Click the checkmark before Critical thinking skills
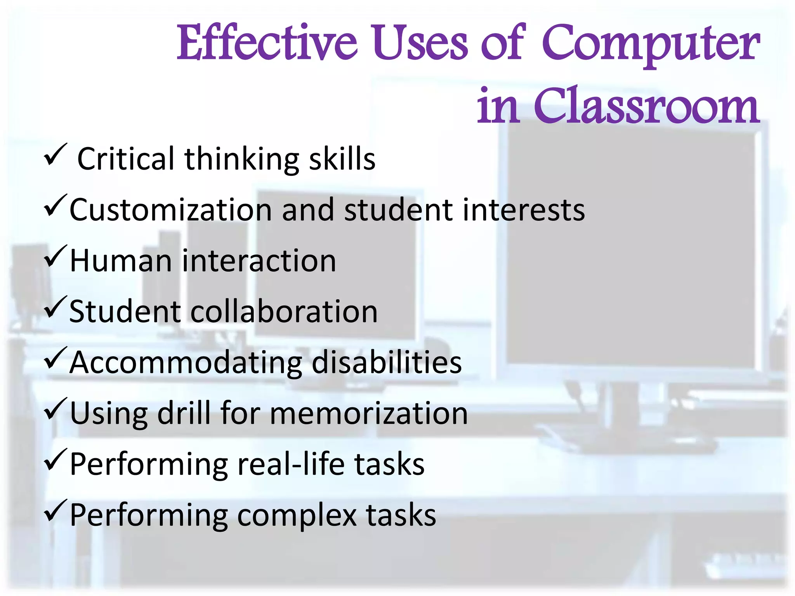55,154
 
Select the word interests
524,210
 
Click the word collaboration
284,312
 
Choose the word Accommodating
186,362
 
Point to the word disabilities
387,362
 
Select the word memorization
369,413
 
